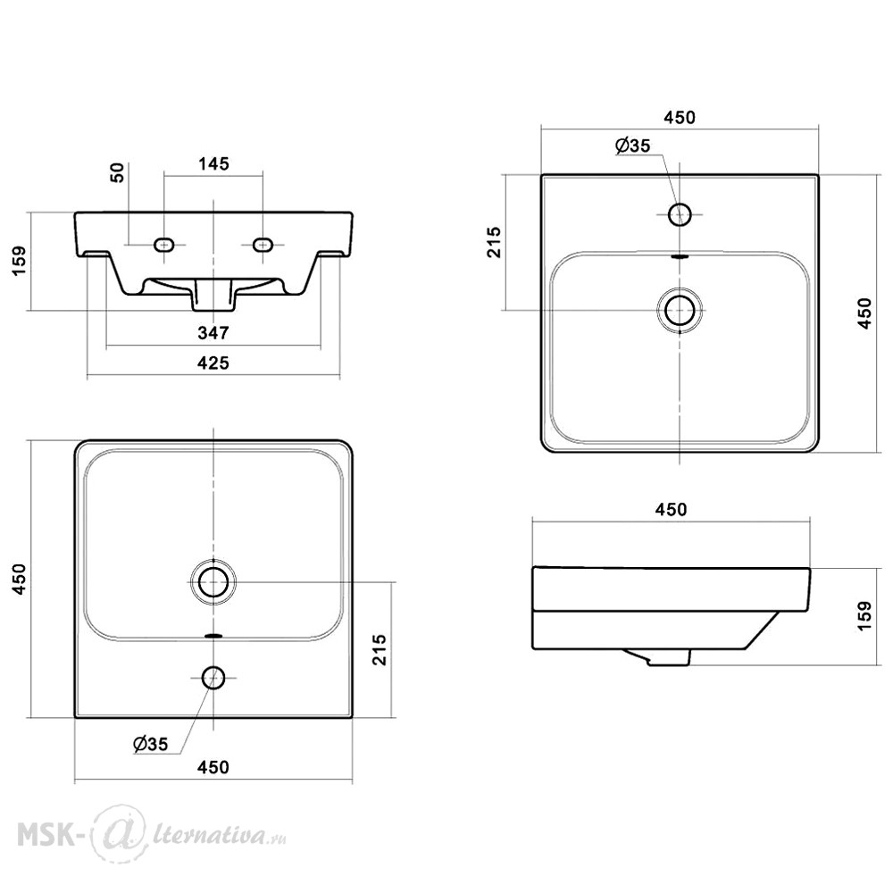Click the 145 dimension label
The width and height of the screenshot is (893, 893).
coord(213,163)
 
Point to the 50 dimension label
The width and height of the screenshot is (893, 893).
coord(117,172)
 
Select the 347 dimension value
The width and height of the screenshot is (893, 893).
coord(213,332)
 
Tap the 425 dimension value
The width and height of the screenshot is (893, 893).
coord(213,363)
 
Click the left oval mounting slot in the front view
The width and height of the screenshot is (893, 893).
coord(164,245)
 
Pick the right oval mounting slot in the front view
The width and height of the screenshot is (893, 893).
coord(263,245)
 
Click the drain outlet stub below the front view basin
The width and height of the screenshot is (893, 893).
coord(213,296)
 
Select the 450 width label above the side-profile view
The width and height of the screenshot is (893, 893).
coord(671,509)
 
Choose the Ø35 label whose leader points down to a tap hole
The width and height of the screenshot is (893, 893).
coord(632,146)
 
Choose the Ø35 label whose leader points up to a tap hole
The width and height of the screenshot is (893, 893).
coord(150,744)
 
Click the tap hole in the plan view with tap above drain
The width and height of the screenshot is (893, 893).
coord(680,214)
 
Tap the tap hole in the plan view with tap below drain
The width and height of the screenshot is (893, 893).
coord(213,678)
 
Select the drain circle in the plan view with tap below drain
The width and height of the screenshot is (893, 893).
coord(213,581)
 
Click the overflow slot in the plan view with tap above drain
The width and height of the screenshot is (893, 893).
coord(680,257)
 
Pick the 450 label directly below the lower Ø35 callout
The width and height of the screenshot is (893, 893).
coord(213,767)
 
